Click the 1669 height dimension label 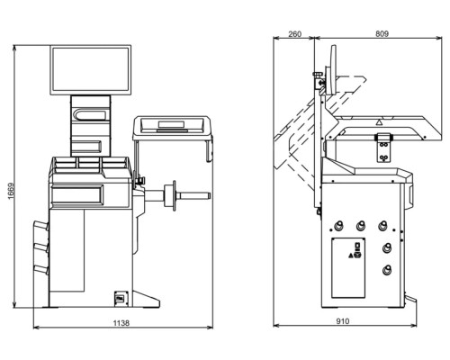pos(11,191)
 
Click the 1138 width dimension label pos(121,323)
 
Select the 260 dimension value pos(294,34)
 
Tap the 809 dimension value pos(382,34)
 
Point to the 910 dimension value pos(343,321)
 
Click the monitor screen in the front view pos(90,69)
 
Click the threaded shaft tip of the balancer pos(208,195)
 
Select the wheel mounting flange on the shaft pos(170,195)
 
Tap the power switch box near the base pos(121,298)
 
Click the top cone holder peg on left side pos(40,226)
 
